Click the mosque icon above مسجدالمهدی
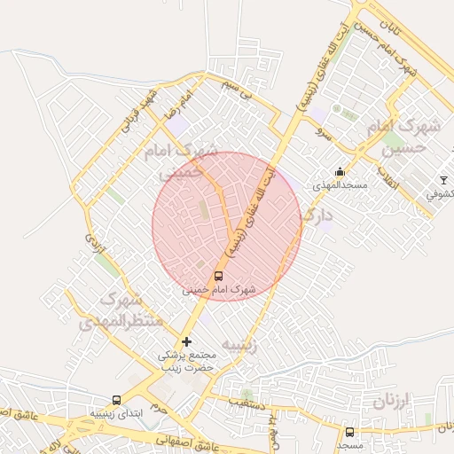pyautogui.click(x=339, y=172)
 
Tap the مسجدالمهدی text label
pyautogui.click(x=333, y=186)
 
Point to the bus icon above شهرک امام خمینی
pyautogui.click(x=219, y=275)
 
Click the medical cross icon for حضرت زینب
pyautogui.click(x=186, y=341)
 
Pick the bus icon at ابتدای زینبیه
pyautogui.click(x=116, y=400)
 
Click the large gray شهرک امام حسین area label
pyautogui.click(x=407, y=138)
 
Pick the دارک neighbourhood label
pyautogui.click(x=317, y=215)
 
